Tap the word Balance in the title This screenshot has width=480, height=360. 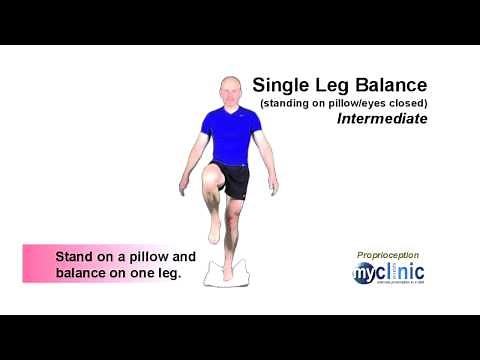[386, 85]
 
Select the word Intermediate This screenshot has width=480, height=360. [382, 118]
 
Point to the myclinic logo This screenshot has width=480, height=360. [388, 273]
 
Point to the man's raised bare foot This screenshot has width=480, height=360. [214, 230]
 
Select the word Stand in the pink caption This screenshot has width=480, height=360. [75, 256]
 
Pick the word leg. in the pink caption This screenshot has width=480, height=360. [167, 272]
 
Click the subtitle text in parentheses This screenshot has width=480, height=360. [344, 102]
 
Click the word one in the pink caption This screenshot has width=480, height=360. [138, 272]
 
